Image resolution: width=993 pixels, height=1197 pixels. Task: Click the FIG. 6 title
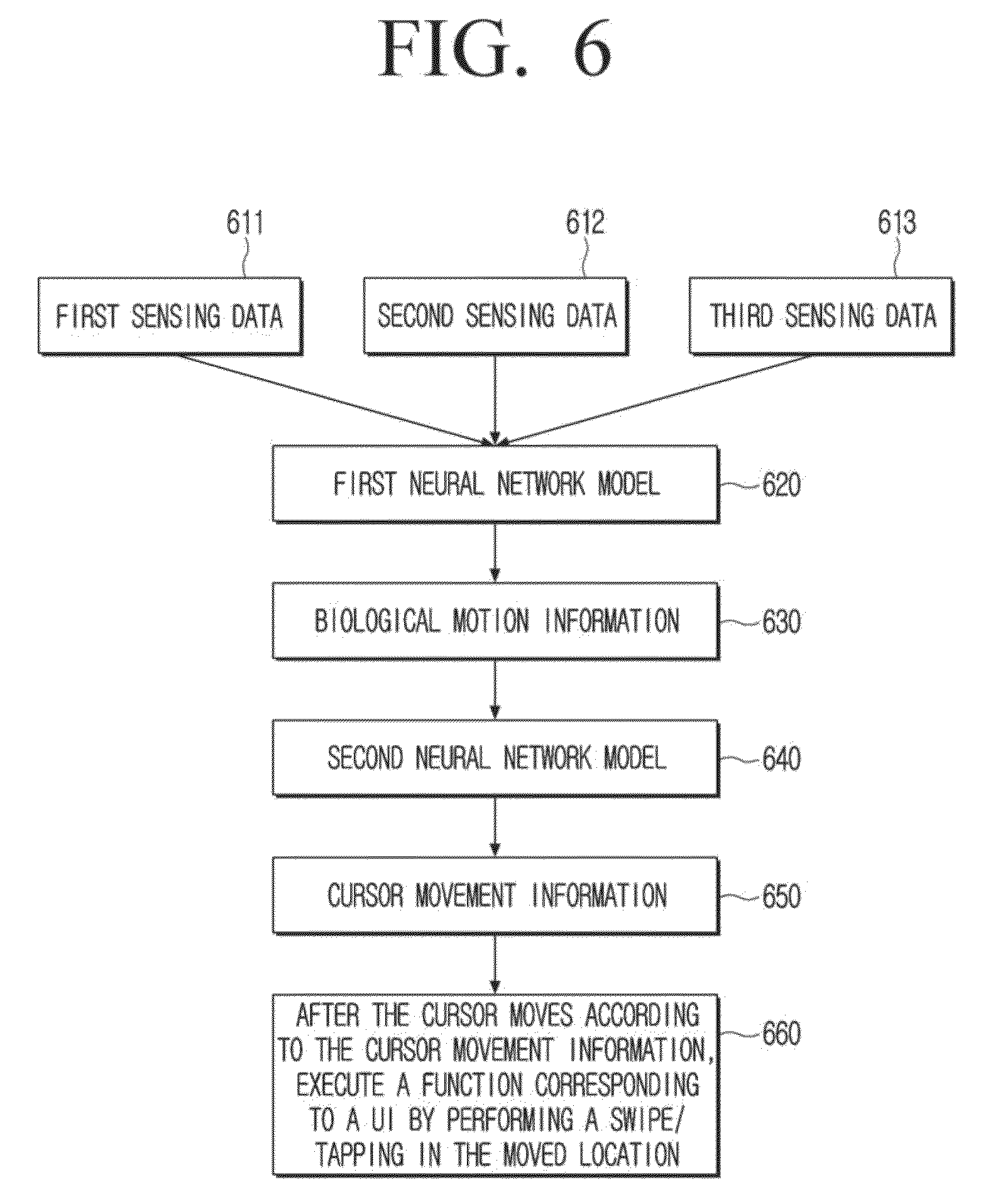coord(495,48)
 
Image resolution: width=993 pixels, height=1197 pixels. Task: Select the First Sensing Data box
coord(170,316)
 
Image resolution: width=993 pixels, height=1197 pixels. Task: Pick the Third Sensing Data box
coord(821,316)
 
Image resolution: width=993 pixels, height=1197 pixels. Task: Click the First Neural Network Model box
coord(496,484)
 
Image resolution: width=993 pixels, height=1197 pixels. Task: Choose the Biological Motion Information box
coord(496,621)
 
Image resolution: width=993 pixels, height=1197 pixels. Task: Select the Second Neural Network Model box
coord(496,758)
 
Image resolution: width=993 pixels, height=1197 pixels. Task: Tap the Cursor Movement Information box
coord(496,895)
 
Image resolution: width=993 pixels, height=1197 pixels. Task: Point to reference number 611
coord(245,223)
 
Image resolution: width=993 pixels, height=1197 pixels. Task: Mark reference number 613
coord(897,223)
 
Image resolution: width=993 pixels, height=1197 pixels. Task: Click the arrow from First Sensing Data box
coord(333,399)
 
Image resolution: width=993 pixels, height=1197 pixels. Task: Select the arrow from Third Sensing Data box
coord(657,400)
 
